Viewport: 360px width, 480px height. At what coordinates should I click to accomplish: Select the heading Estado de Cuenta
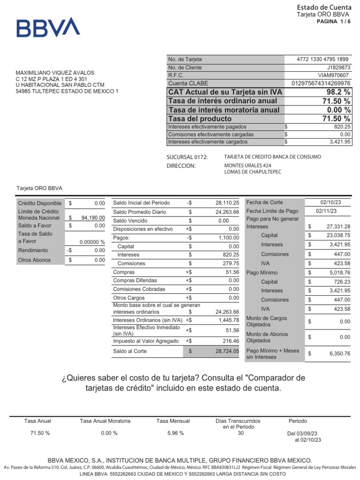click(x=324, y=7)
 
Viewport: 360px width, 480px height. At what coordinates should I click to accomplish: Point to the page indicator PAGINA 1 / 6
click(x=334, y=22)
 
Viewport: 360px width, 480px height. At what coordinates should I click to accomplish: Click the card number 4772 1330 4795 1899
click(x=323, y=59)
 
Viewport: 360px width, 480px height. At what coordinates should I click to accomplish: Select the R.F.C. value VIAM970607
click(x=333, y=75)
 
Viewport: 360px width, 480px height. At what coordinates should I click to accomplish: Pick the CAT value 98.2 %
click(x=338, y=92)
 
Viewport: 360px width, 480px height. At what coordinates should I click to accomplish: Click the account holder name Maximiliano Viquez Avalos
click(x=55, y=73)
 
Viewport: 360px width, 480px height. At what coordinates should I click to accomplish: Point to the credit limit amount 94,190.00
click(x=93, y=217)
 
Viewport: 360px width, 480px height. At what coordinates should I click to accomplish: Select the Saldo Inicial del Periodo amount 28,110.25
click(x=227, y=203)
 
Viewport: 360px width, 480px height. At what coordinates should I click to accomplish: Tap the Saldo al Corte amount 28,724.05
click(x=227, y=351)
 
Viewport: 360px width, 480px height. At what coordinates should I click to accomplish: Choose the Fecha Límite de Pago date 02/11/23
click(x=327, y=211)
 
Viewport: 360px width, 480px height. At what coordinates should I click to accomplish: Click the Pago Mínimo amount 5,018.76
click(x=338, y=272)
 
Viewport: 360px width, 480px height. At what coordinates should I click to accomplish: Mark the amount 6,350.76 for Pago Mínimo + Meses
click(x=338, y=353)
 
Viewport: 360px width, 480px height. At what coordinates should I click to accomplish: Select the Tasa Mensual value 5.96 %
click(x=175, y=433)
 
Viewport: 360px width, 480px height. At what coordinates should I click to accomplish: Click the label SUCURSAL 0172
click(x=187, y=157)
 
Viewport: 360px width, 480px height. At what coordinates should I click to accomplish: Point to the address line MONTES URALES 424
click(x=248, y=165)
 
